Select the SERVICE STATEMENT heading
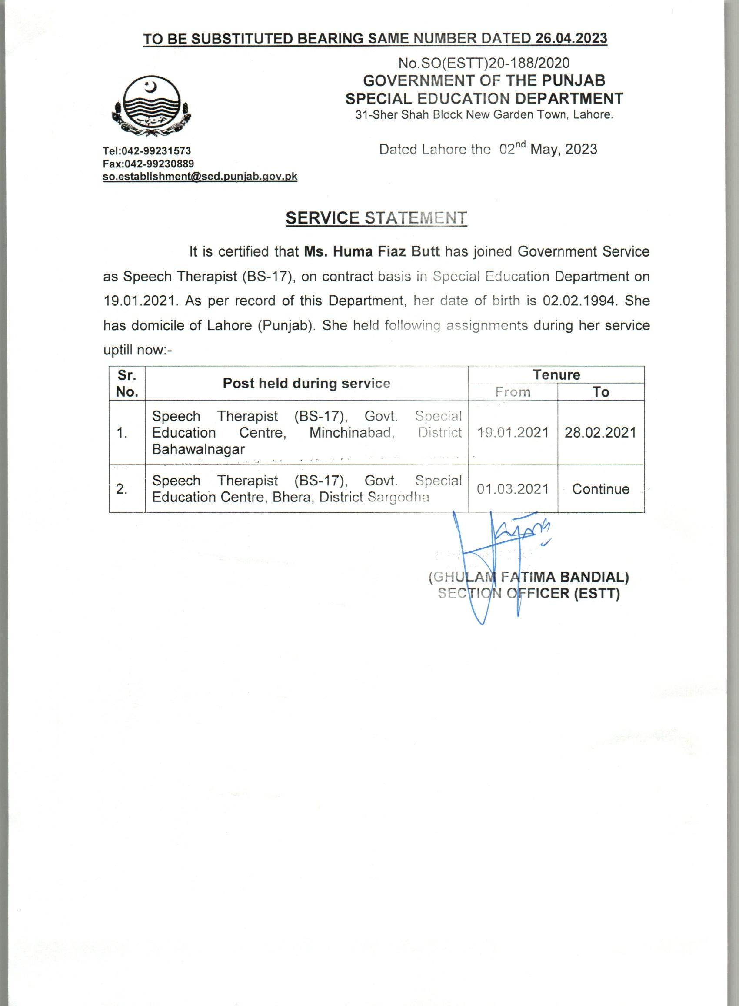coord(376,217)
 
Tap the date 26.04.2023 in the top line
coord(571,38)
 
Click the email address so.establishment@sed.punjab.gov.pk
coord(200,176)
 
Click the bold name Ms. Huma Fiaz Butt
coord(372,252)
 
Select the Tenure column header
coord(556,374)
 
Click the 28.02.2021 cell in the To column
coord(600,432)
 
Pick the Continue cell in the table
coord(600,489)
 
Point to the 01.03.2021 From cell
coord(513,489)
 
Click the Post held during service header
coord(306,383)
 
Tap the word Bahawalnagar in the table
coord(198,449)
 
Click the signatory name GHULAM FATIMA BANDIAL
coord(529,577)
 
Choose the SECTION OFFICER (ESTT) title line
coord(529,593)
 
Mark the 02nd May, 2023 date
coord(548,149)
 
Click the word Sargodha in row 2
coord(398,497)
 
